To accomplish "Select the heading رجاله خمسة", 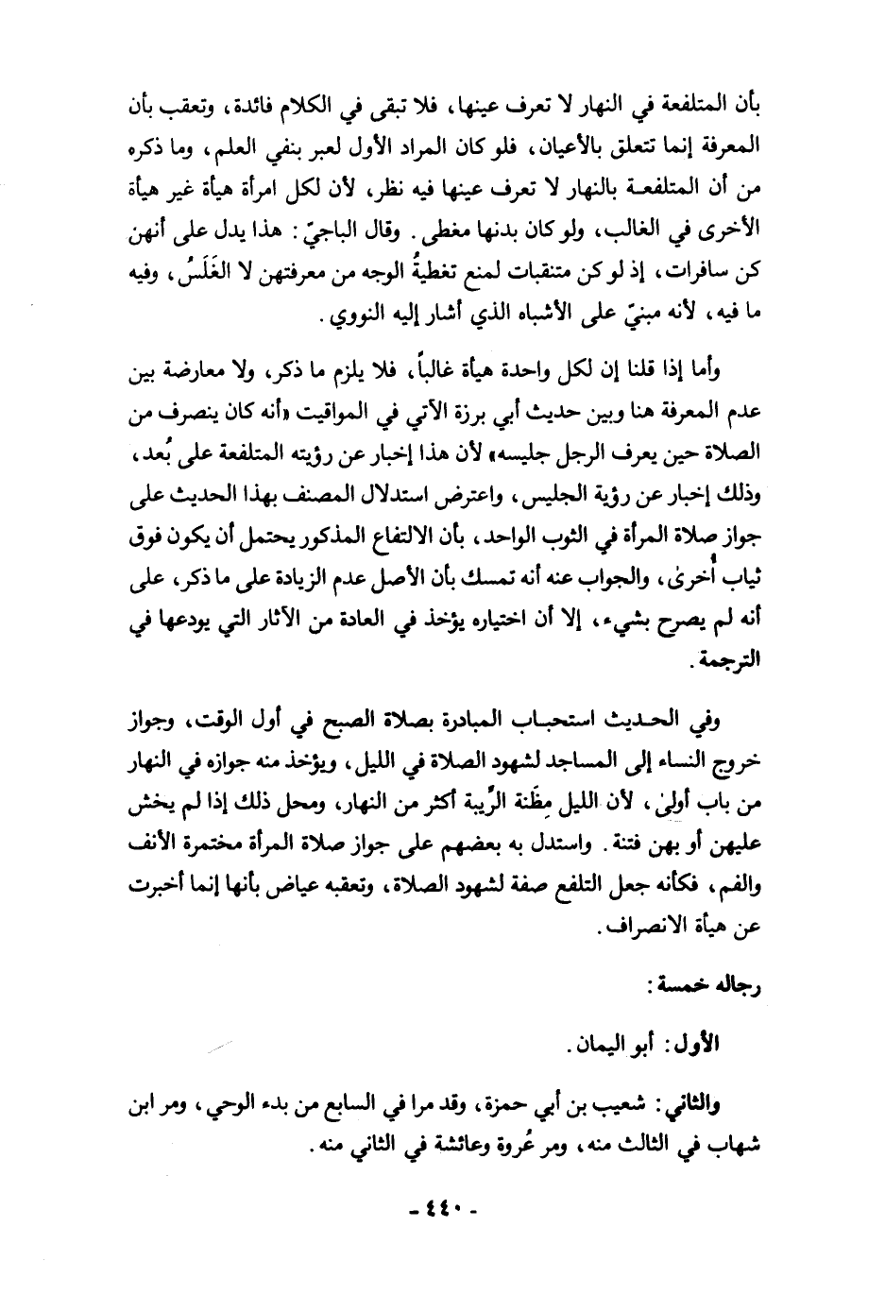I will [x=719, y=987].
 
